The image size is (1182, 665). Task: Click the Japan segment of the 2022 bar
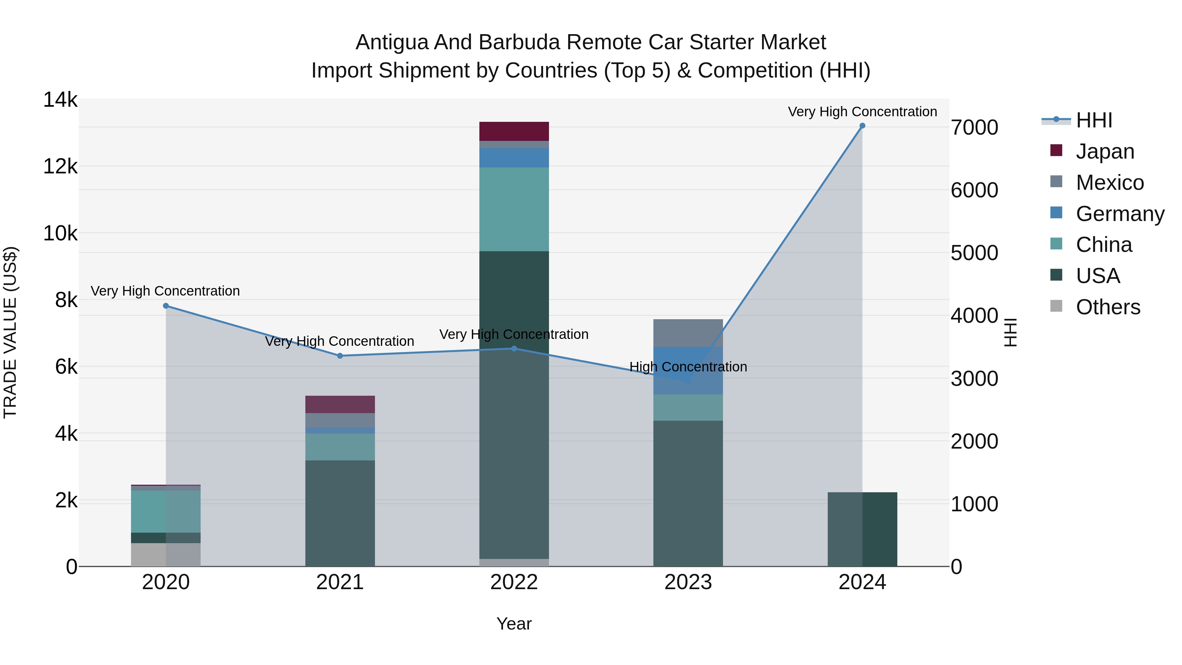(x=514, y=131)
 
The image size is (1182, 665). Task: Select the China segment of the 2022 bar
(x=514, y=209)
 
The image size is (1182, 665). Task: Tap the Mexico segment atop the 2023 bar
(x=688, y=333)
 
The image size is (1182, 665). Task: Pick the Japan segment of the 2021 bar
(x=340, y=404)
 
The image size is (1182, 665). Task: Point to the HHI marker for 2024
(x=862, y=126)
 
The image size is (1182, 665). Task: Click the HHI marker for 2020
(x=166, y=306)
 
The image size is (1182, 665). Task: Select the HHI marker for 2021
(x=340, y=356)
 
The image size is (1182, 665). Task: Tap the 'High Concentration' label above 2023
(x=688, y=367)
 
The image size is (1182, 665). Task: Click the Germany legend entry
(x=1120, y=214)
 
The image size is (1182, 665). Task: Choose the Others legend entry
(x=1108, y=307)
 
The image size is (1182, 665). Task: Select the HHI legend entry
(x=1094, y=120)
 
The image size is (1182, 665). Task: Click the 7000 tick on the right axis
(x=974, y=128)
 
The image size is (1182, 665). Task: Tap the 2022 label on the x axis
(x=514, y=582)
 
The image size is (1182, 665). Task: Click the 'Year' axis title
(x=514, y=624)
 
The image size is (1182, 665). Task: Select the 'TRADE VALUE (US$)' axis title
(x=10, y=332)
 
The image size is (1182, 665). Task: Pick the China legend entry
(x=1104, y=245)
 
